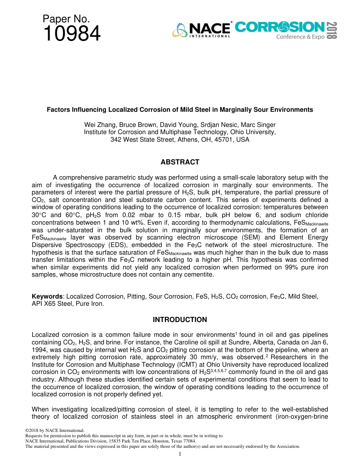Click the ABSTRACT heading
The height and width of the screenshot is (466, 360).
[180, 162]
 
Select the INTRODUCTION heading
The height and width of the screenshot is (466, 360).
[180, 320]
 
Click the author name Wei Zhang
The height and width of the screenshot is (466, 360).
[99, 125]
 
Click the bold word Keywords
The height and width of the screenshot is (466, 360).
[47, 297]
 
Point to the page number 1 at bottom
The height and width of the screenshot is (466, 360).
[180, 454]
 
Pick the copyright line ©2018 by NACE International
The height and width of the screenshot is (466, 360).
[54, 430]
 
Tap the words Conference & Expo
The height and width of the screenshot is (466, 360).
[300, 37]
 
